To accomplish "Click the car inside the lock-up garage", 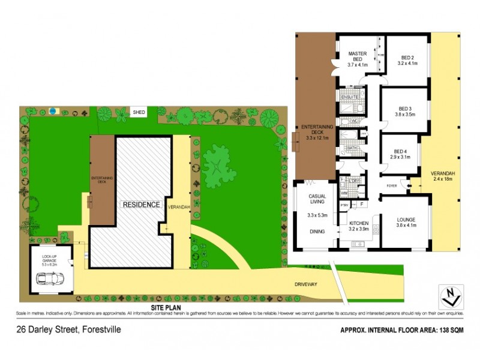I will pos(50,278).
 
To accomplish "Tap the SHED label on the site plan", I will pos(139,112).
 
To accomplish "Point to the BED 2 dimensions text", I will pos(406,62).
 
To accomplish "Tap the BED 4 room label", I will pos(402,152).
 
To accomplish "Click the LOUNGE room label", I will pos(406,220).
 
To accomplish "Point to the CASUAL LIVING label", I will pos(317,200).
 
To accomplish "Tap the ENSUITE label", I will pos(350,97).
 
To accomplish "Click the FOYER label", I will pos(392,185).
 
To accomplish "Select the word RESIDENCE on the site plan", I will pos(142,204).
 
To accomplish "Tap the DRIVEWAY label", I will pos(305,284).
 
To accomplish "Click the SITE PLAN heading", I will pos(166,307).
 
